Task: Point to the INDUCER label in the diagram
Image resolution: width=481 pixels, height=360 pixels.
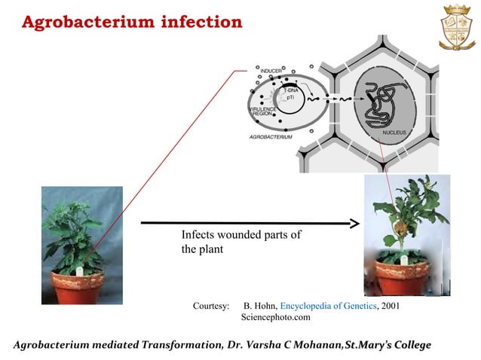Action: point(271,71)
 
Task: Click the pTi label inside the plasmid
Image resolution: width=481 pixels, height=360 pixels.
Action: point(290,98)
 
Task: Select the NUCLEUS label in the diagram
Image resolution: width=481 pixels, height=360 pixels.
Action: point(394,133)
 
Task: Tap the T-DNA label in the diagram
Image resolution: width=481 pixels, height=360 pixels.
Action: point(291,90)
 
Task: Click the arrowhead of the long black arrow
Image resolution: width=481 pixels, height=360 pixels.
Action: point(353,223)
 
